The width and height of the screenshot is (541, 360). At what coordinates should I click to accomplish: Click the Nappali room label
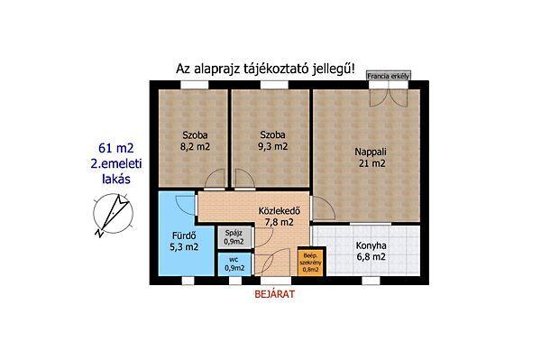(371, 152)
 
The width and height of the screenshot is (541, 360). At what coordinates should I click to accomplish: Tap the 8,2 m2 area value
(195, 147)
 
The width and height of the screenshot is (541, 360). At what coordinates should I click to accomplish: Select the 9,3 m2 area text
(272, 146)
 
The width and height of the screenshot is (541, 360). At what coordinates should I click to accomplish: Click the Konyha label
(371, 245)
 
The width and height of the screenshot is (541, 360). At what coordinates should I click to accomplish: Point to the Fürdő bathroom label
(184, 236)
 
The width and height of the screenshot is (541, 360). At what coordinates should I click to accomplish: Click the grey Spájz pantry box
(234, 237)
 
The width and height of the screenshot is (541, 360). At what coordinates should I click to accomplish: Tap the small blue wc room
(234, 264)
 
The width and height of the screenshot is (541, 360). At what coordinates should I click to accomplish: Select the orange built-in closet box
(310, 263)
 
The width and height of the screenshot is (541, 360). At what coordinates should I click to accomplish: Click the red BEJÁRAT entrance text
(275, 294)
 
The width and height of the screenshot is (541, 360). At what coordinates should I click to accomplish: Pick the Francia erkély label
(389, 77)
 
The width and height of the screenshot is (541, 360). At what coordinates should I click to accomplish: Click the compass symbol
(114, 213)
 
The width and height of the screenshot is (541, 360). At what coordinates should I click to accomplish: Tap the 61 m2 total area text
(116, 148)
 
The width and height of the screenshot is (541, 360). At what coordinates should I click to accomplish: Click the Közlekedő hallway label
(280, 210)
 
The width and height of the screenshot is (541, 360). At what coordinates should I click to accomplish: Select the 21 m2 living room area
(371, 163)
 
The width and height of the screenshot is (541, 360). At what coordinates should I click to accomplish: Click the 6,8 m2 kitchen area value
(371, 257)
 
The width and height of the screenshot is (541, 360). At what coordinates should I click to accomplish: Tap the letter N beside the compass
(99, 234)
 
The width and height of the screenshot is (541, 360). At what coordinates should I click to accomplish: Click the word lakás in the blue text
(116, 179)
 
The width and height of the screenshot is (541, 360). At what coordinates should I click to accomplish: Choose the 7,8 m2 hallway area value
(280, 222)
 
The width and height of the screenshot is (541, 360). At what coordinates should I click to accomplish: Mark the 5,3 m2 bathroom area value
(184, 247)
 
